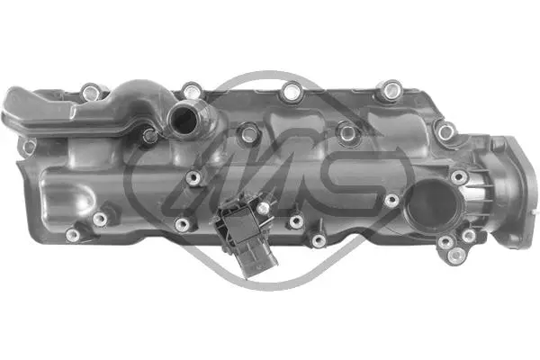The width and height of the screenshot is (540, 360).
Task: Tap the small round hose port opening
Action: pos(184,118)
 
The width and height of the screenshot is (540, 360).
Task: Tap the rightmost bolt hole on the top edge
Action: pos(391,89)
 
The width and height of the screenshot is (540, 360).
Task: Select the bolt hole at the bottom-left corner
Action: pos(73,235)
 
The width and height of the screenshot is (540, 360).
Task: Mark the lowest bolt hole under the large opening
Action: pos(443,246)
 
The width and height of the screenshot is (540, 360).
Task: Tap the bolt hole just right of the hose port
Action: pos(247,135)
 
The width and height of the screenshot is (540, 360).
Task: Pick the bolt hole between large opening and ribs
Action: pos(459,177)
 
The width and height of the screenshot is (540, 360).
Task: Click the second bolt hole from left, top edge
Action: pos(192,90)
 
